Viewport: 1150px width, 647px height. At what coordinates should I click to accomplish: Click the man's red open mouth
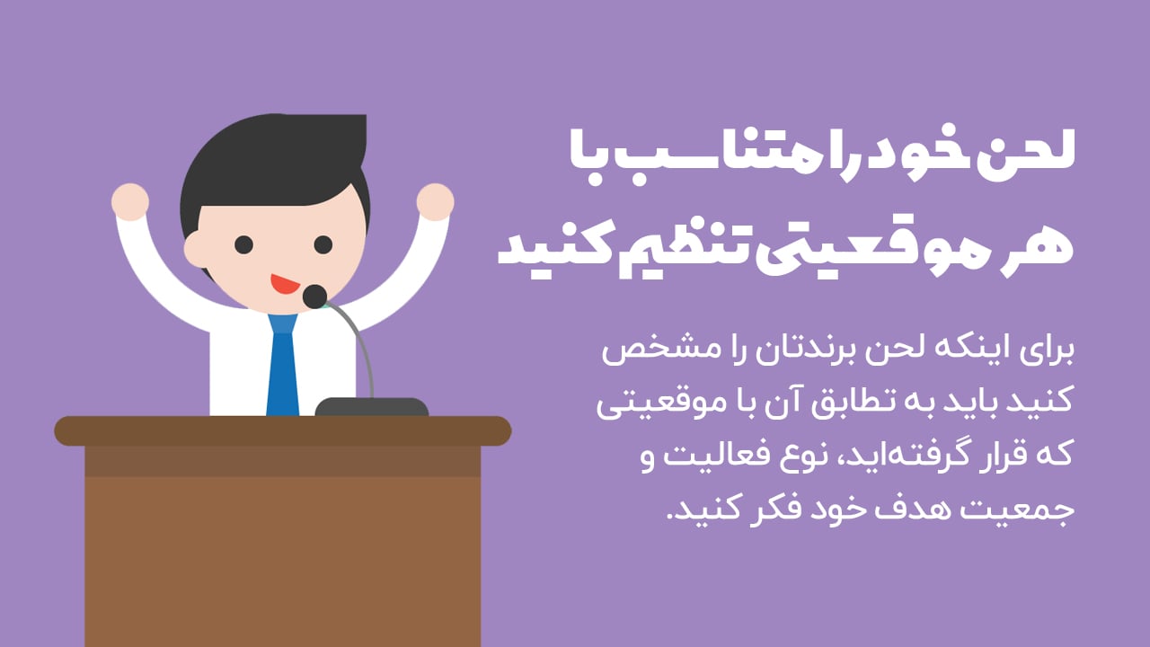285,284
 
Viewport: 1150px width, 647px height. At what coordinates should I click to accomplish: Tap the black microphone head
314,296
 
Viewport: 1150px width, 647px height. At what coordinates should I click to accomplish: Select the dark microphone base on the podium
372,407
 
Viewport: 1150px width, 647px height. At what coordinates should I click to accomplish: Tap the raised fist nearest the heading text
436,201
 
